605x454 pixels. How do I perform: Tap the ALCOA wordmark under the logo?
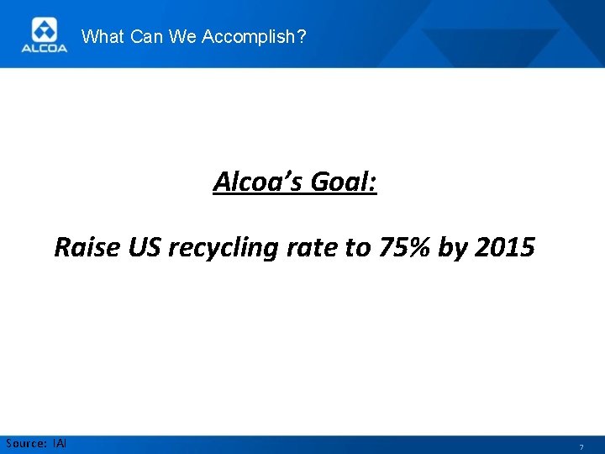point(43,48)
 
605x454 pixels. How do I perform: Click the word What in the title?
point(102,36)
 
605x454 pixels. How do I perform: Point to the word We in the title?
point(182,36)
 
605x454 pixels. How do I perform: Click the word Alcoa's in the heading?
point(257,181)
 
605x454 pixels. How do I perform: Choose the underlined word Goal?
point(343,181)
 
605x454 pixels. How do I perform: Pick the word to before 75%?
point(355,247)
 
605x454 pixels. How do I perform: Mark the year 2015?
point(504,247)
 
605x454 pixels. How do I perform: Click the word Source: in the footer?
point(26,443)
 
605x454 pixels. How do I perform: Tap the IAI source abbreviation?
point(60,443)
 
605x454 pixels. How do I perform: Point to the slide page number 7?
point(580,446)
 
